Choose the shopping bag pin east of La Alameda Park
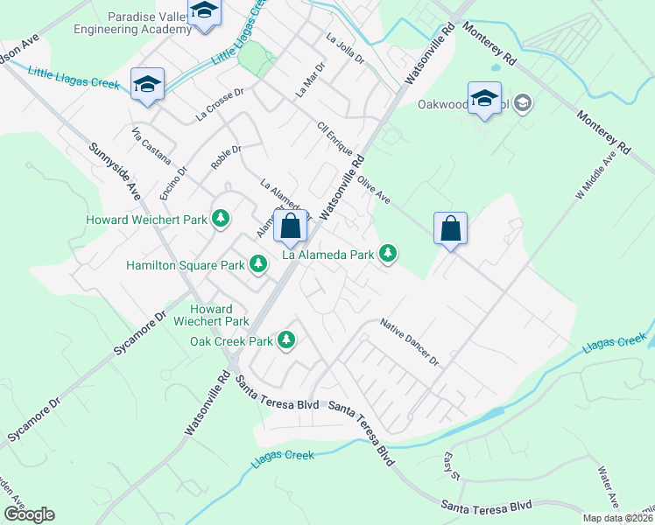click(450, 229)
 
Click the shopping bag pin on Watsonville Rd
click(291, 227)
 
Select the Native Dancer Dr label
click(408, 342)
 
